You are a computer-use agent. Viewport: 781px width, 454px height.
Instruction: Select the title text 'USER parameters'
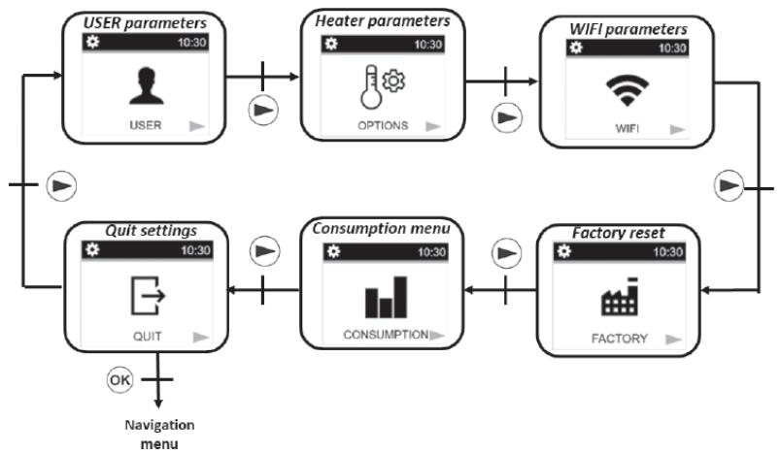(x=146, y=20)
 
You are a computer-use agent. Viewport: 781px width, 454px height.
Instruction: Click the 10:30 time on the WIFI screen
(x=671, y=48)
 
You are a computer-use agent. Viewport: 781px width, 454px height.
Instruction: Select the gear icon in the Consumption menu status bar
(x=333, y=251)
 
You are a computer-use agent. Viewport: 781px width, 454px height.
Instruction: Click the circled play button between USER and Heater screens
(x=263, y=110)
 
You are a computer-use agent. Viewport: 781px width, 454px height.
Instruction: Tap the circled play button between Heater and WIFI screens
(x=502, y=118)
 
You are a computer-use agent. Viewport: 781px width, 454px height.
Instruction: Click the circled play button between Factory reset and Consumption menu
(x=502, y=255)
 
